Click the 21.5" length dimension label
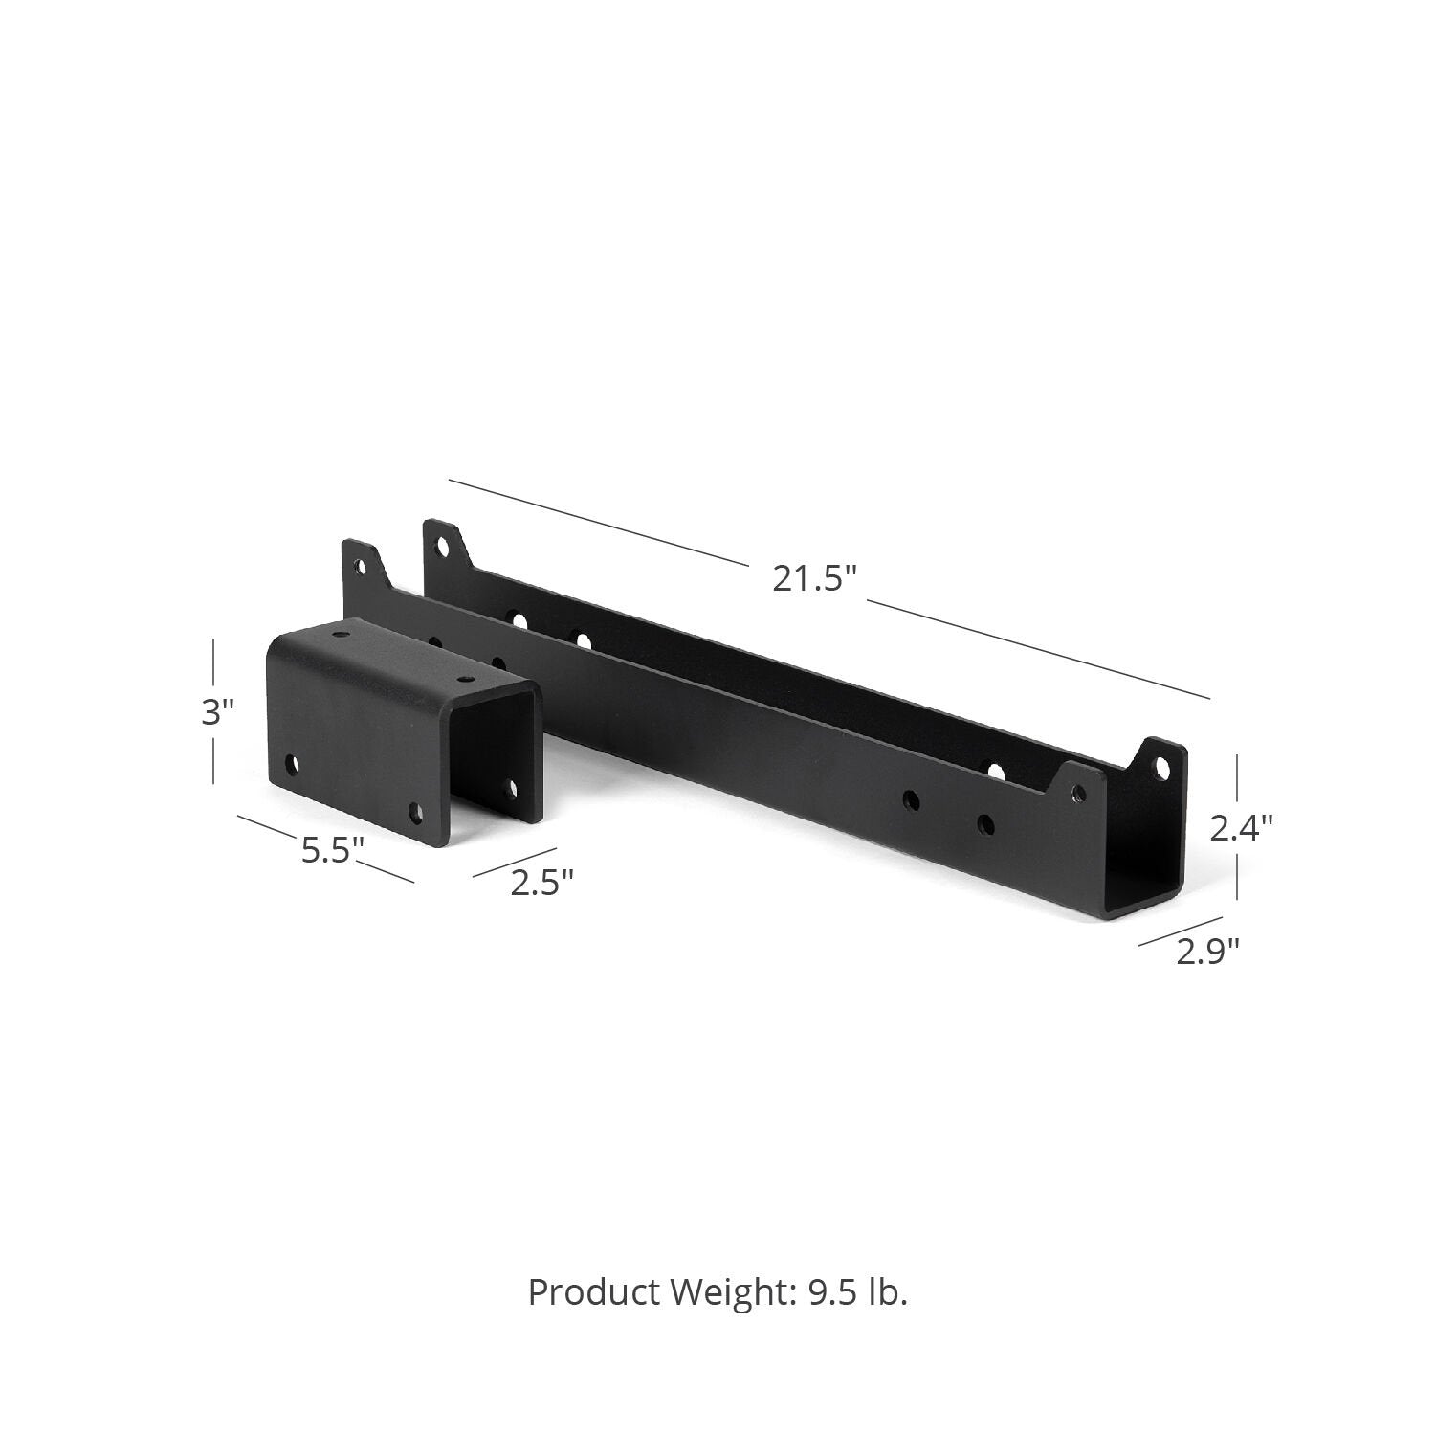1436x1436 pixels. pyautogui.click(x=812, y=578)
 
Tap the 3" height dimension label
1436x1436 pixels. pyautogui.click(x=217, y=713)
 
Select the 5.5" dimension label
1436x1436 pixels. pyautogui.click(x=332, y=850)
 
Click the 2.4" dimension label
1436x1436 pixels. pyautogui.click(x=1241, y=828)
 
